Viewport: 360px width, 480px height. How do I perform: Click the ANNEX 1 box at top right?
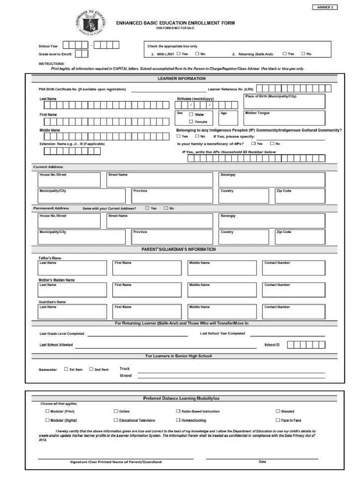tap(324, 7)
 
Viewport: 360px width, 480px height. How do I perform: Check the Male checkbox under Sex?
tap(191, 114)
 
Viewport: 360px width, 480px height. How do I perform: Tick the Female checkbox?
tap(191, 121)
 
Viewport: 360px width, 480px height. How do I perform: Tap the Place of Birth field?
tap(284, 101)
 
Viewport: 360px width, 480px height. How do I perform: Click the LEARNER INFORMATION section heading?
tap(181, 78)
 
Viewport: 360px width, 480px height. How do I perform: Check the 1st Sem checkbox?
tap(66, 369)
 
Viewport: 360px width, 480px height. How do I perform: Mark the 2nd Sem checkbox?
tap(91, 369)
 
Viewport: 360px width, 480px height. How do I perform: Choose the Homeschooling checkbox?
tap(178, 420)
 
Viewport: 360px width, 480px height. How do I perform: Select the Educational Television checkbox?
tap(116, 420)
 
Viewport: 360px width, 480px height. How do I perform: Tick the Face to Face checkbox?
tap(277, 420)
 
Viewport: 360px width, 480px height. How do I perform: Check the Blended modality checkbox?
tap(277, 411)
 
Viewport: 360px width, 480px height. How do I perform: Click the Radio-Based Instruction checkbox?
tap(178, 411)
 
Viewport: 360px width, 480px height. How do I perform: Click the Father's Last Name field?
tap(72, 268)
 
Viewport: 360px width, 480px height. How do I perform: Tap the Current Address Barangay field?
tap(271, 180)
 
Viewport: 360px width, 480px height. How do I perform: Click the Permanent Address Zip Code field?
tap(300, 237)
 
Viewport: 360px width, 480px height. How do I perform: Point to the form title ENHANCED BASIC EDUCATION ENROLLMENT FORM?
tap(176, 22)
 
